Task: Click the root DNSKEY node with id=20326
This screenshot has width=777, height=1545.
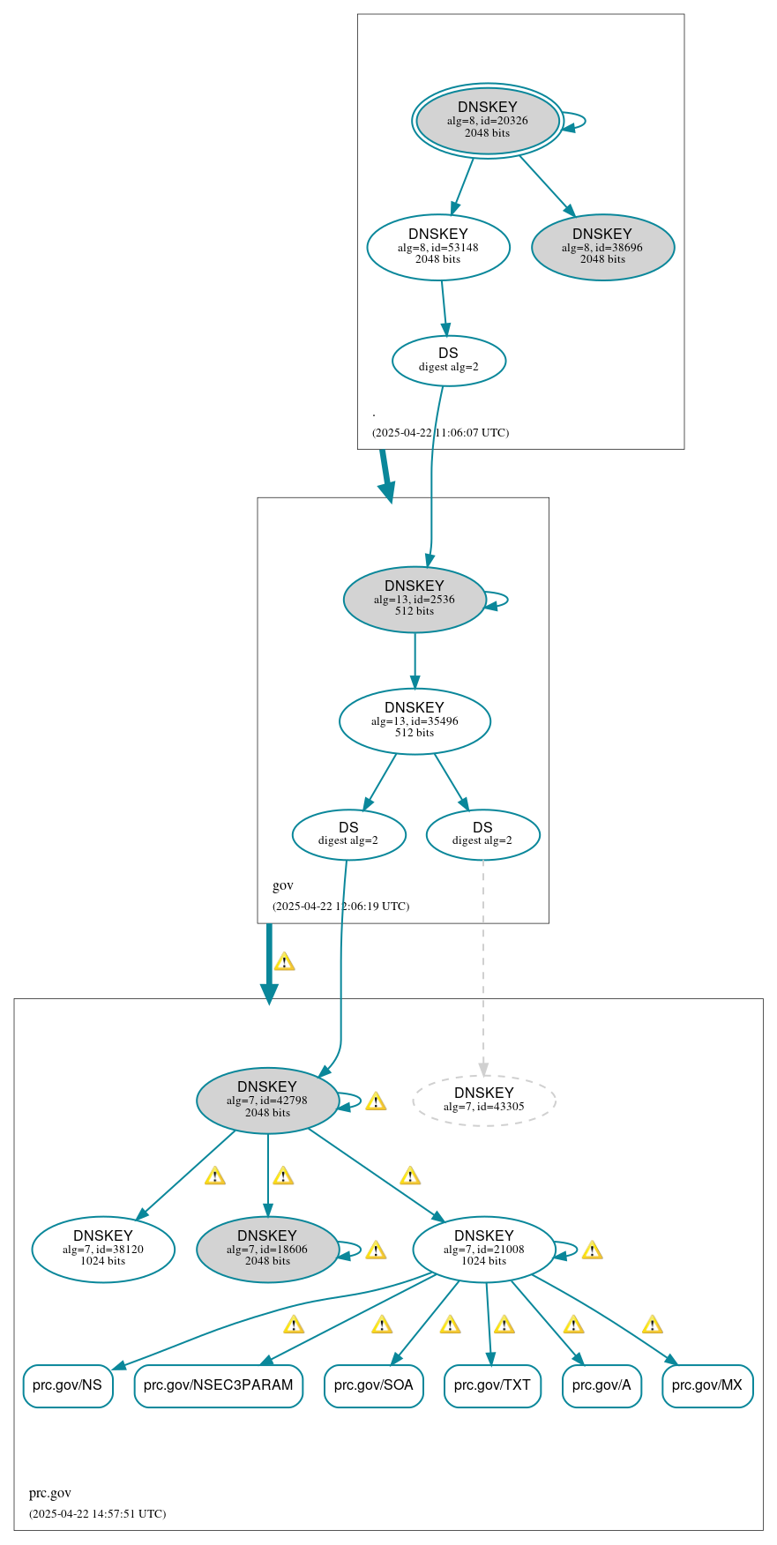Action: pos(487,121)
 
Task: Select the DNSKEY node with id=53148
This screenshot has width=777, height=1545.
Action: pos(438,247)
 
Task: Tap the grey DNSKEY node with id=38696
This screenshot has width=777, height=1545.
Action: pos(602,247)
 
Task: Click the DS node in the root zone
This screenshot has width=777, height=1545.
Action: pos(448,360)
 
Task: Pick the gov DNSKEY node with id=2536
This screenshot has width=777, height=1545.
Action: pos(415,599)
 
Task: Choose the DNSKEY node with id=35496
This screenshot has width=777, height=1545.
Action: pos(415,720)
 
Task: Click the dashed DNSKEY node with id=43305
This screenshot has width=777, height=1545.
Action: pos(483,1100)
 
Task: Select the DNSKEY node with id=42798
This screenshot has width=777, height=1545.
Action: pos(267,1100)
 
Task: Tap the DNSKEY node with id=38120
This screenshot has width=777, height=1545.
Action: pos(103,1249)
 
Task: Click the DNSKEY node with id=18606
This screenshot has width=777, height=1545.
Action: pos(267,1249)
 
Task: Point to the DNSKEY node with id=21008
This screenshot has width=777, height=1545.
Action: pos(483,1249)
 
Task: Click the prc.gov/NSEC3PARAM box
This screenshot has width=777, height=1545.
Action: pos(218,1385)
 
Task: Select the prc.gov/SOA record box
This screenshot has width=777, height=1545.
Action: pos(374,1385)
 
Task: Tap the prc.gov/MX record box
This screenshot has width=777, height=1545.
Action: pos(707,1385)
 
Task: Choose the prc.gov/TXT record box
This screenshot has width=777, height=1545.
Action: pos(492,1385)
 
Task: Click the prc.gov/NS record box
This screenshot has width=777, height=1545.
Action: pos(67,1385)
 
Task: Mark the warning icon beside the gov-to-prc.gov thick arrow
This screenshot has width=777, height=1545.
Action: pos(284,961)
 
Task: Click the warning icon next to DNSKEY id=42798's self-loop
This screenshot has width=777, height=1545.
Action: pos(376,1101)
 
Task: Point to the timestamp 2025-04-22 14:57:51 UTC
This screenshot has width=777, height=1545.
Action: pos(97,1513)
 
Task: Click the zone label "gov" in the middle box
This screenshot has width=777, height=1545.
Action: pos(283,885)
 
